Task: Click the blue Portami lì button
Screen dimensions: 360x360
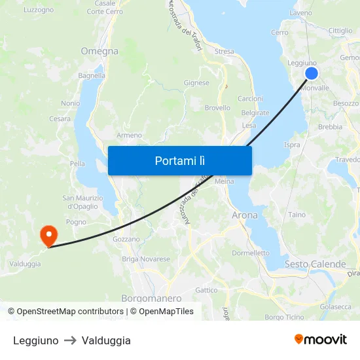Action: [x=179, y=160]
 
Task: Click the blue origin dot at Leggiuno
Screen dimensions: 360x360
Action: [x=312, y=73]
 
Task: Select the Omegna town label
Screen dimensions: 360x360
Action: [x=99, y=51]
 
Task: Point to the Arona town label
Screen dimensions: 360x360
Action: [x=245, y=215]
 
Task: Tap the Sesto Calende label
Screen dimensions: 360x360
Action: [x=315, y=264]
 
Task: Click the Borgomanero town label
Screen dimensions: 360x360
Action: [x=151, y=298]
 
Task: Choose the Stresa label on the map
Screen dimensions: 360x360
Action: [x=224, y=51]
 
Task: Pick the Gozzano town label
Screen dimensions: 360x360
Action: [x=126, y=240]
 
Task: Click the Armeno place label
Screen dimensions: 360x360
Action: [x=129, y=135]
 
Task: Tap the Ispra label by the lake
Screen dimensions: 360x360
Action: [x=292, y=145]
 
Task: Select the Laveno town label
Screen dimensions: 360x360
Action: [x=300, y=12]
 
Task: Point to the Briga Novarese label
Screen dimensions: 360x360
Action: [x=146, y=259]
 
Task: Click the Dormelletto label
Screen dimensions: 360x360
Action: [x=251, y=253]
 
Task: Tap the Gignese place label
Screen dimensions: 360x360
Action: [x=196, y=83]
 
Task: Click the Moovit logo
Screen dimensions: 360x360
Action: [x=321, y=340]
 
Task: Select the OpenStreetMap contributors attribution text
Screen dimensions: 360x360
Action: [x=70, y=312]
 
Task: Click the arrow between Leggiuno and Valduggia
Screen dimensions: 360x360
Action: [x=70, y=340]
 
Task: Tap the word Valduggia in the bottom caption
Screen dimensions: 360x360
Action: [x=106, y=340]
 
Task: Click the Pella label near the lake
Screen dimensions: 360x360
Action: [x=77, y=164]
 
